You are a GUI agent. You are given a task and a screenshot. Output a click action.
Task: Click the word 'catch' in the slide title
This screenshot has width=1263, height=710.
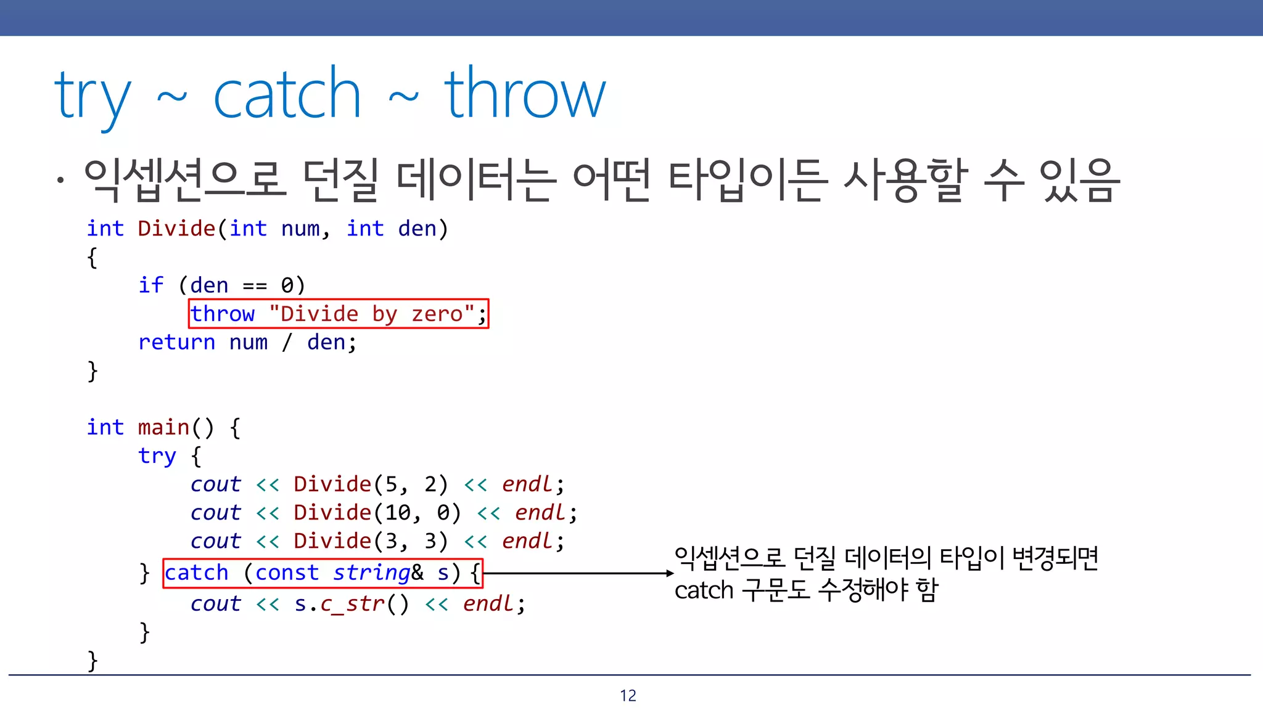[x=287, y=96]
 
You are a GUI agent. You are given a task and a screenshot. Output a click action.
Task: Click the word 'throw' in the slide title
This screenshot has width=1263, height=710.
[x=525, y=96]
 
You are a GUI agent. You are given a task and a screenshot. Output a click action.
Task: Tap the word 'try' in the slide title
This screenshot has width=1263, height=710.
[x=93, y=99]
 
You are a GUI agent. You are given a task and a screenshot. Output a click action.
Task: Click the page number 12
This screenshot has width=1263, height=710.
[x=628, y=696]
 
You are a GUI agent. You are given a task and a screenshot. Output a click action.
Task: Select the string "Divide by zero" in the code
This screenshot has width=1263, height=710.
[x=371, y=314]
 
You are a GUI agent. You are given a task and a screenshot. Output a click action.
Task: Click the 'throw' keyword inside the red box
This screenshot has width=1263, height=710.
[x=223, y=314]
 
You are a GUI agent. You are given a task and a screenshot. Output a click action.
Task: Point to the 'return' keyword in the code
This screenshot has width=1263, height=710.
[x=176, y=342]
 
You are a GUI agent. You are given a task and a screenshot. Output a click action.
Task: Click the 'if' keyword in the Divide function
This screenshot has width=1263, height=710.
[x=150, y=285]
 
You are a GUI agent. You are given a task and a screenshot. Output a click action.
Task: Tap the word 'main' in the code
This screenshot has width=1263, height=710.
[x=163, y=427]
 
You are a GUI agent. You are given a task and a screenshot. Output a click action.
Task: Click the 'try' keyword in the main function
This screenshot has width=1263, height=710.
[x=157, y=456]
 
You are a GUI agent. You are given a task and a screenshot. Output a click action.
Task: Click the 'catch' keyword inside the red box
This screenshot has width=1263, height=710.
[x=196, y=573]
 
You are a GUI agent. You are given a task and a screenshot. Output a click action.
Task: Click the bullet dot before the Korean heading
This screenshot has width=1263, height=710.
[x=60, y=181]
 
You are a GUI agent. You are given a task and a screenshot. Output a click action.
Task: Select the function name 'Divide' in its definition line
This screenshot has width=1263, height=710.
[x=176, y=229]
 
